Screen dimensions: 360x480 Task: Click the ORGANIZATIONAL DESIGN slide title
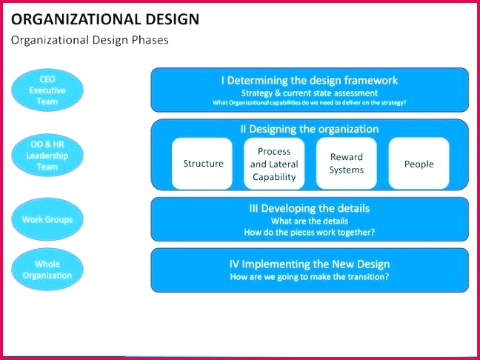(106, 19)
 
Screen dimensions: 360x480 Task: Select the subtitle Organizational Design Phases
(90, 40)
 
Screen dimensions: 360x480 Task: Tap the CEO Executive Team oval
(47, 90)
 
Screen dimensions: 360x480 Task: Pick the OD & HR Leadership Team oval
(47, 156)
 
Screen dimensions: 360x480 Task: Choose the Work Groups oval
(47, 219)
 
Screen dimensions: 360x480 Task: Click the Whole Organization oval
(47, 269)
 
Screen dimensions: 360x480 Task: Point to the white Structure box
(203, 164)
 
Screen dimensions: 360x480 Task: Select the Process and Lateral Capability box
(274, 164)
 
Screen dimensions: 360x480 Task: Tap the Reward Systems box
(347, 164)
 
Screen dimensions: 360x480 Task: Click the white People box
(419, 164)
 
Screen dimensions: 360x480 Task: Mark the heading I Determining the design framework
(309, 80)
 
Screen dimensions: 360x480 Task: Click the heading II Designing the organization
(309, 129)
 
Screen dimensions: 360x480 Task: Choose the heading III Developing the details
(309, 208)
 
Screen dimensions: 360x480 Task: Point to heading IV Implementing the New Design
(309, 264)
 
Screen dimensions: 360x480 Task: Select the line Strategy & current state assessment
(309, 93)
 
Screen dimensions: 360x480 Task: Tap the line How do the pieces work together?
(309, 232)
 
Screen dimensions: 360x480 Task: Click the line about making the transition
(309, 277)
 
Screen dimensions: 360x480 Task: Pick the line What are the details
(309, 221)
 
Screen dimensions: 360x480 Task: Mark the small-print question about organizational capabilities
(309, 102)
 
